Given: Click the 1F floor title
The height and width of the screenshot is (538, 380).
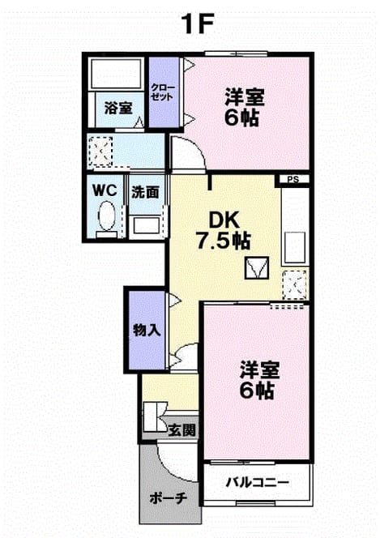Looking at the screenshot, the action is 199,24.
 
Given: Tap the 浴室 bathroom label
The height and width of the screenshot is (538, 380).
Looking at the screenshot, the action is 118,108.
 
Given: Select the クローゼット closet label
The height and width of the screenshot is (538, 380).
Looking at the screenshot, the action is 163,92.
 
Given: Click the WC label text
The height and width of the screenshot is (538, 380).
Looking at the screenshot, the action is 105,190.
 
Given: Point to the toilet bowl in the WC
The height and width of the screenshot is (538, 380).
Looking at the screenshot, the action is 106,216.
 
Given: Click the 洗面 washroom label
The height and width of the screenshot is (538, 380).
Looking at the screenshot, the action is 145,193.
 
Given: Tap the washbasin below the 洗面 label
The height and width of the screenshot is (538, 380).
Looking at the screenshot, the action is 146,225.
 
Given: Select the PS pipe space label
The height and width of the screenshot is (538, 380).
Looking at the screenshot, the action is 293,179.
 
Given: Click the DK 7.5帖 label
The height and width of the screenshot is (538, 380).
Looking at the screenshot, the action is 224,231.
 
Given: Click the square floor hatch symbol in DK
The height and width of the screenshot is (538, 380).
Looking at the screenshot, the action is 257,267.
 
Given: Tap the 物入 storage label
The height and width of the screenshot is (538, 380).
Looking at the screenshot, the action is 147,331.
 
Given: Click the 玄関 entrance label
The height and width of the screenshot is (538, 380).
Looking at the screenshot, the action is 182,429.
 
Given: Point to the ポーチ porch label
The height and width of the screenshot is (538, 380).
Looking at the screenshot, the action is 169,497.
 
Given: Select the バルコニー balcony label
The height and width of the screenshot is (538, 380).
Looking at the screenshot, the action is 257,483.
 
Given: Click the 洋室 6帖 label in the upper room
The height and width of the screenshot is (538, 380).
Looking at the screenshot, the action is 245,107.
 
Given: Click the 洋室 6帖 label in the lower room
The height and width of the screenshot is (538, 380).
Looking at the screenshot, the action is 259,380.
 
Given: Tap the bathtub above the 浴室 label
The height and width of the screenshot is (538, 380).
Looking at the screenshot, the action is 116,73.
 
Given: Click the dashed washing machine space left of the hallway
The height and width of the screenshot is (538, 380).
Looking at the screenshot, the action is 100,152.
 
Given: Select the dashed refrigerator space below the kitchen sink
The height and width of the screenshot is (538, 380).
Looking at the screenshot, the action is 294,284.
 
